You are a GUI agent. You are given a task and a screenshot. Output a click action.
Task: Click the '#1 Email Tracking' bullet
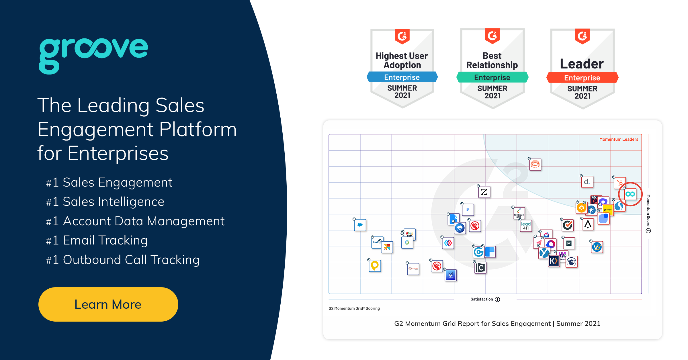(x=97, y=240)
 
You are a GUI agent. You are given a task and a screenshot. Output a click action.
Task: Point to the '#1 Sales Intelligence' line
(x=105, y=202)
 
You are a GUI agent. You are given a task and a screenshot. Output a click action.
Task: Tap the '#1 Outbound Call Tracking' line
(x=123, y=260)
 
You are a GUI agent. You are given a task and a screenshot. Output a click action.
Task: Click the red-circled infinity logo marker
(x=630, y=194)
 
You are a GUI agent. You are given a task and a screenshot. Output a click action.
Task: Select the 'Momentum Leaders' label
(x=619, y=139)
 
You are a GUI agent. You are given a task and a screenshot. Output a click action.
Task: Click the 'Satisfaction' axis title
(x=482, y=299)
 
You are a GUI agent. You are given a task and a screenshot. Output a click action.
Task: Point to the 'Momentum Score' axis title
(x=648, y=211)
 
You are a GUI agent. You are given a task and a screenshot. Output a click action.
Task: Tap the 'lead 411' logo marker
(x=526, y=226)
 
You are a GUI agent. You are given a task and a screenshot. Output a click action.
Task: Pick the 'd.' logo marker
(x=587, y=182)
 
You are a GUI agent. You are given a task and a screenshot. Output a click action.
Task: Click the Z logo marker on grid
(x=484, y=192)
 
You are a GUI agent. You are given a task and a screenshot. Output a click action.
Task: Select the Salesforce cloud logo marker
(x=360, y=225)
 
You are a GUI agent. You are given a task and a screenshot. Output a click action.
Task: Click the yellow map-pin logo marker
(x=375, y=266)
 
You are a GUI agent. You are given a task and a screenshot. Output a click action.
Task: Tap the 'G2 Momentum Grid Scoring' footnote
(x=354, y=308)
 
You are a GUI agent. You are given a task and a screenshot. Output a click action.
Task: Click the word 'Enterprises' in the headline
(x=118, y=153)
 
